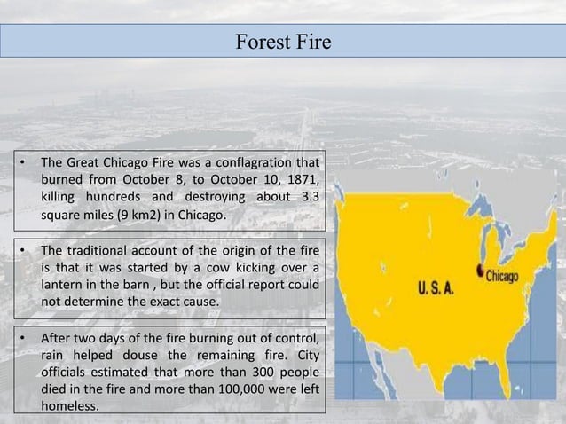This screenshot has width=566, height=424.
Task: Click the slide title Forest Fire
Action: [283, 41]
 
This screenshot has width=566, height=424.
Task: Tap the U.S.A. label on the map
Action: [440, 289]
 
